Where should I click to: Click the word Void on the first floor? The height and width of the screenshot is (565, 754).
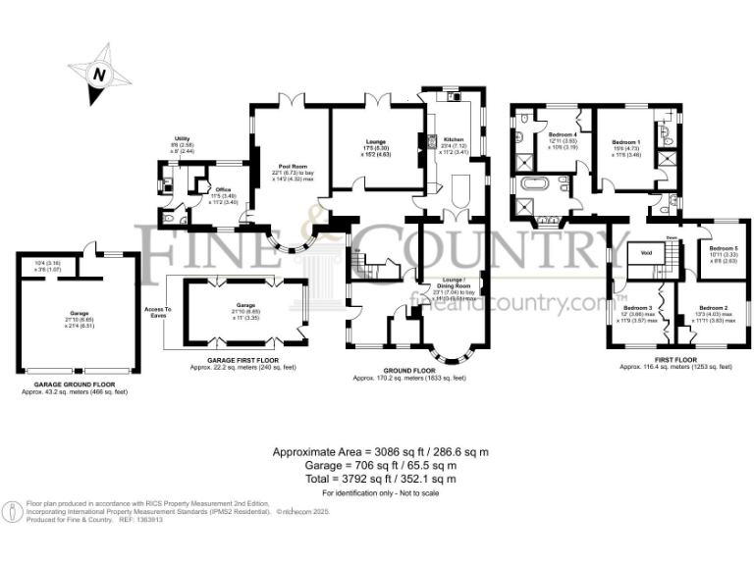pos(646,252)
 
